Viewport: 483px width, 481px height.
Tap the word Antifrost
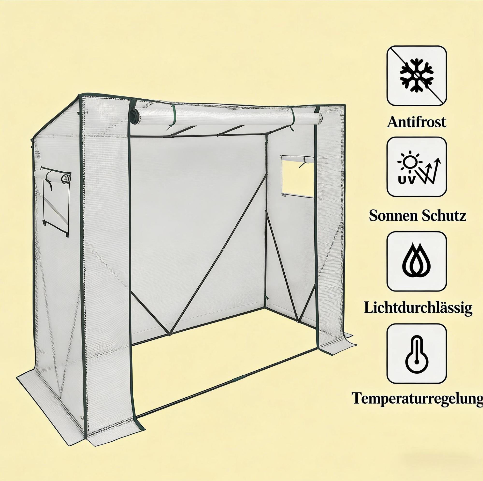(417, 122)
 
